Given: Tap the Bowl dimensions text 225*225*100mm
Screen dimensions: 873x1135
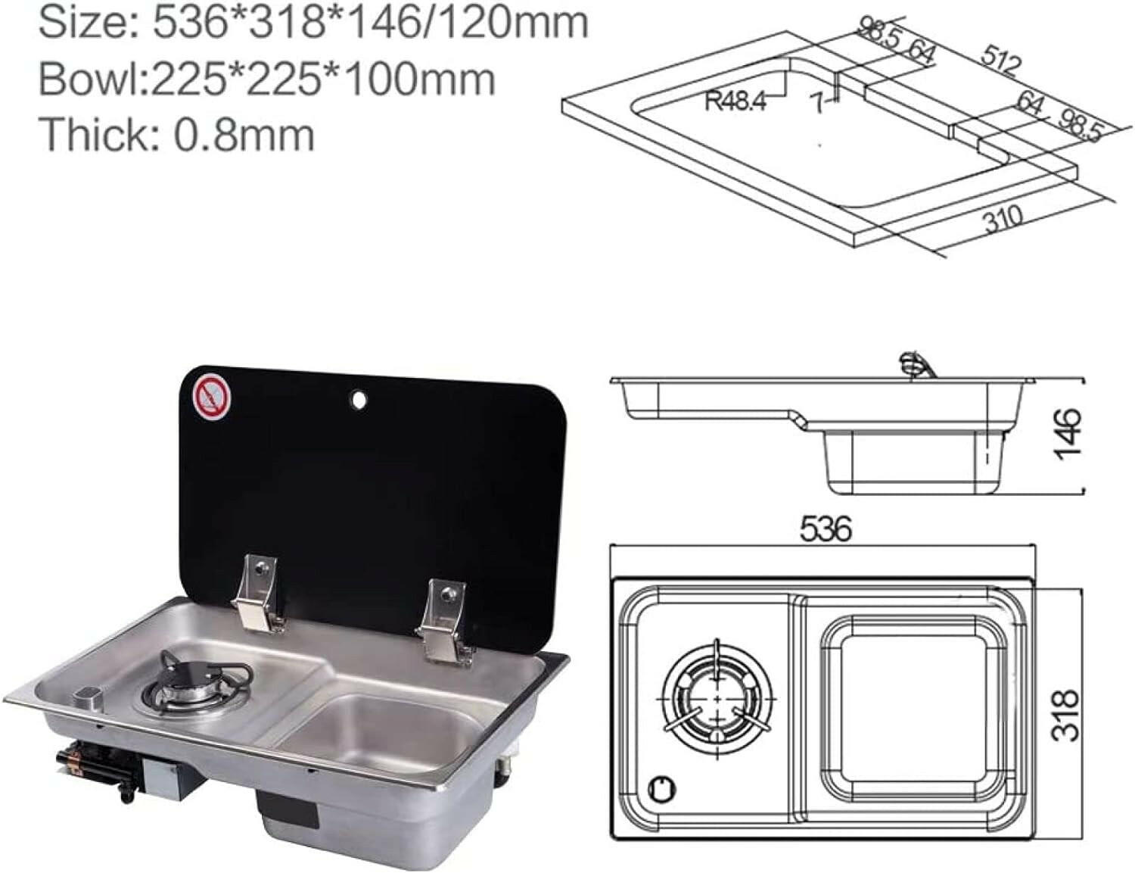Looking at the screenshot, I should tap(323, 79).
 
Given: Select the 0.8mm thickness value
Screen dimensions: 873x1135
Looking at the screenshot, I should tap(244, 135).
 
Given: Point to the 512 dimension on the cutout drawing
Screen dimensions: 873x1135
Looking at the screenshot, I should tap(1000, 60).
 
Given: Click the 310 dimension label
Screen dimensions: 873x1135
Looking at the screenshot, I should tap(1003, 220).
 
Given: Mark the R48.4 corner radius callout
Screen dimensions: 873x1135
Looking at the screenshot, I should tap(735, 101).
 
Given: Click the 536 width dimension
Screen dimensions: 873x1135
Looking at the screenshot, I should tap(826, 529).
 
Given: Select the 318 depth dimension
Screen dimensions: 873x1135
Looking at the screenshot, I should tap(1068, 714).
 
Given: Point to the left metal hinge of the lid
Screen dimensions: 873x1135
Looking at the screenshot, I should tap(259, 591).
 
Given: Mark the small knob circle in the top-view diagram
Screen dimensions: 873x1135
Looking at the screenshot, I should tap(663, 787).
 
